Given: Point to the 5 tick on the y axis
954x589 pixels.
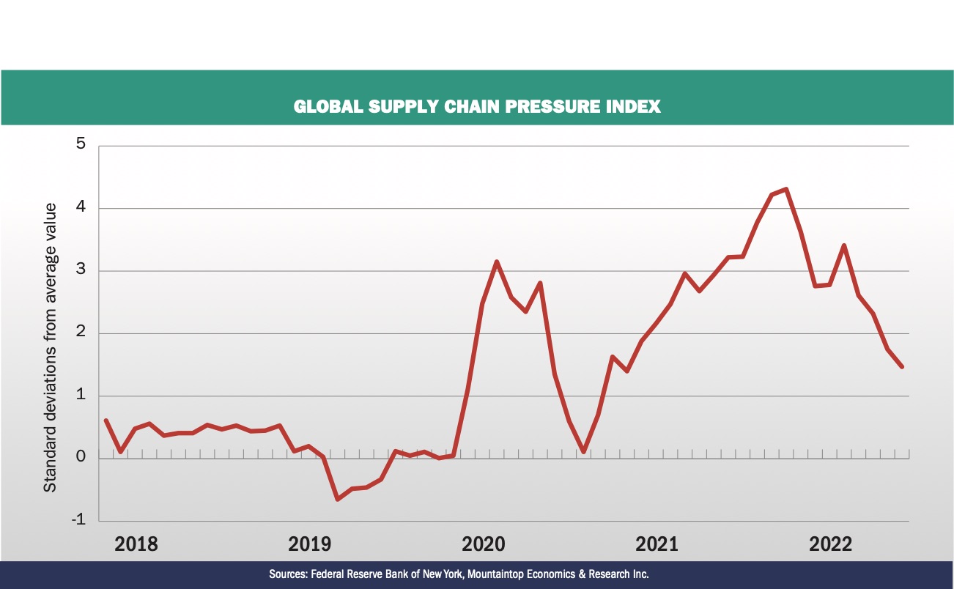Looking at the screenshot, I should pyautogui.click(x=81, y=144).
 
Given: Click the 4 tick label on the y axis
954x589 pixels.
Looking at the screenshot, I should pyautogui.click(x=81, y=207).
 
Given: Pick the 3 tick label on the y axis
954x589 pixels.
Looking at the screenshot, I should pyautogui.click(x=81, y=270).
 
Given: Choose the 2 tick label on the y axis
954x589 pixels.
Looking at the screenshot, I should pyautogui.click(x=81, y=333).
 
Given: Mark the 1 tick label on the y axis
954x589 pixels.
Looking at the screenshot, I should pyautogui.click(x=81, y=396).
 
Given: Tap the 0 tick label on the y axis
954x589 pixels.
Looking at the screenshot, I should pyautogui.click(x=81, y=458).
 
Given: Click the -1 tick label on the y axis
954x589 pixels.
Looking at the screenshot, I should pyautogui.click(x=78, y=520).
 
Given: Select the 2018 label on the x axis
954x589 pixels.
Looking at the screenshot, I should pyautogui.click(x=136, y=544).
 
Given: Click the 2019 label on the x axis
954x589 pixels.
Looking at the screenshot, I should pyautogui.click(x=310, y=544).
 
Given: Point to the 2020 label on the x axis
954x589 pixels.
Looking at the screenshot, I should pyautogui.click(x=484, y=544).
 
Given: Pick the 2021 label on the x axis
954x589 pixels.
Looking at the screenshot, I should pyautogui.click(x=657, y=544).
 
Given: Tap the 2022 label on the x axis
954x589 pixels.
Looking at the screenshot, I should pyautogui.click(x=830, y=544).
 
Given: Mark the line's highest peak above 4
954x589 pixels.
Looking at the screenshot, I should pyautogui.click(x=785, y=189).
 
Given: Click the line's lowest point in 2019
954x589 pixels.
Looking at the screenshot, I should pyautogui.click(x=338, y=500).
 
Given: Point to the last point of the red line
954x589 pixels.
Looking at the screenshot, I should pyautogui.click(x=901, y=366).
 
